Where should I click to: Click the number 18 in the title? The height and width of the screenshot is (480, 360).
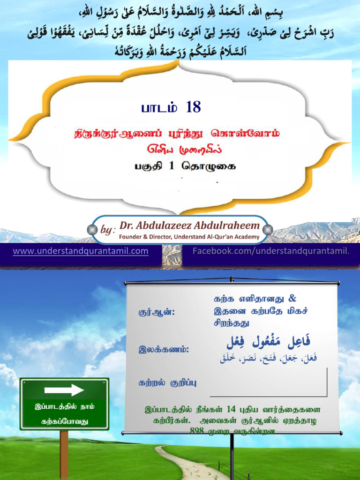click(x=193, y=107)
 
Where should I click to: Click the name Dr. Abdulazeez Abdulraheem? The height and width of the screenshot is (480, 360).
click(x=189, y=226)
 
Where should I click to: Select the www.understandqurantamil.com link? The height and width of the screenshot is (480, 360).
click(x=81, y=251)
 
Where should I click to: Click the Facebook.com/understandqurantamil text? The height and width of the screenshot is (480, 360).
click(x=271, y=251)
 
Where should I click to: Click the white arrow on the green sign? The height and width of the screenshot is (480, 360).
click(x=64, y=390)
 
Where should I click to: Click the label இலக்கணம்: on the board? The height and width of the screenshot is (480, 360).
click(x=164, y=349)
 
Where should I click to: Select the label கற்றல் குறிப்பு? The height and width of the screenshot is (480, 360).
click(x=167, y=382)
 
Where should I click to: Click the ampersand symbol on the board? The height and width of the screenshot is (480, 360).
click(x=293, y=299)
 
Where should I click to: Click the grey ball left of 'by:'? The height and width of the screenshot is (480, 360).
click(x=92, y=229)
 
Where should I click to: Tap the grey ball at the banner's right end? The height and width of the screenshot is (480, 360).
click(x=268, y=229)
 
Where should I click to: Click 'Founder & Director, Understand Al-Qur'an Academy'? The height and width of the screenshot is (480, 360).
click(x=189, y=237)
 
